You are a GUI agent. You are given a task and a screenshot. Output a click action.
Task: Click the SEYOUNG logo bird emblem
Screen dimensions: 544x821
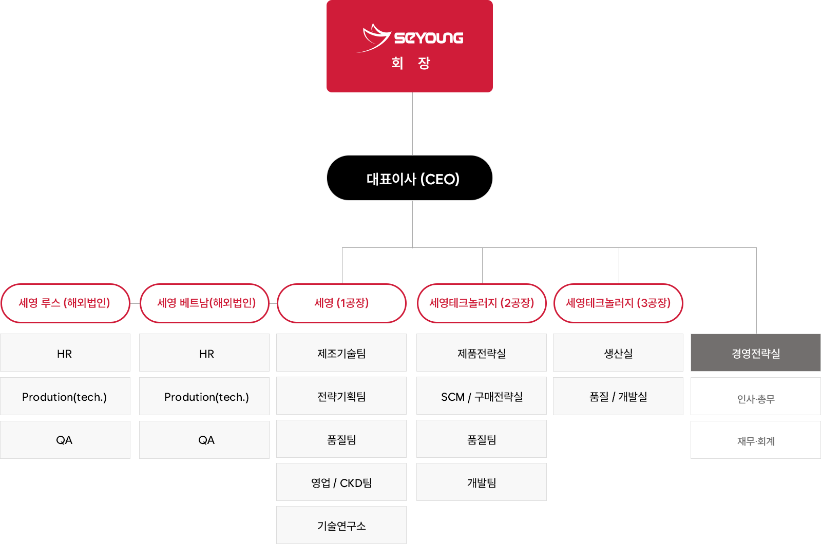coord(375,37)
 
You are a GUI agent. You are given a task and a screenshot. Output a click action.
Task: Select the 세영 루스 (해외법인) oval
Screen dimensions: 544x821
coord(65,303)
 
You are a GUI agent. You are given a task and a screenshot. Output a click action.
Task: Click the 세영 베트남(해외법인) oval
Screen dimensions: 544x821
coord(205,303)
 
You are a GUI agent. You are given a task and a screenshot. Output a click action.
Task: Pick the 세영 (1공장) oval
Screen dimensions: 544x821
coord(341,303)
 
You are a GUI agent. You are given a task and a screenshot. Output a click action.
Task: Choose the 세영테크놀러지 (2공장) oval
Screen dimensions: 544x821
coord(482,303)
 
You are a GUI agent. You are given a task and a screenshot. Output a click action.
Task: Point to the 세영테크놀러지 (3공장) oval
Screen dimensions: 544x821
coord(618,303)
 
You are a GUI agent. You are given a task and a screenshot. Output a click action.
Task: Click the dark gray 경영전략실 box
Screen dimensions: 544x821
coord(755,353)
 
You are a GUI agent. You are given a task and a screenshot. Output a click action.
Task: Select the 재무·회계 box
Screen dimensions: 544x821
coord(755,440)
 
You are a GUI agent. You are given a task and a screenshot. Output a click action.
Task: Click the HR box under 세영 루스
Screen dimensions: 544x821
coord(65,353)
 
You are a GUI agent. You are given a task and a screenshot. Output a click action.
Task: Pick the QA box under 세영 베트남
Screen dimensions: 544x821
coord(205,440)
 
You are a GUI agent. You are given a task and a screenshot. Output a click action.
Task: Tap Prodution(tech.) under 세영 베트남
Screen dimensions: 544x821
coord(205,397)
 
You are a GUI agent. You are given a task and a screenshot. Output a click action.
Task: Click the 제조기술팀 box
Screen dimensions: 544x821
coord(341,353)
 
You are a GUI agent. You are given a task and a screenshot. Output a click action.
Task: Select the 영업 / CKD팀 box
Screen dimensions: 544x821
coord(341,482)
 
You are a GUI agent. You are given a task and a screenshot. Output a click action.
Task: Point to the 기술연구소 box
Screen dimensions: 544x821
coord(341,525)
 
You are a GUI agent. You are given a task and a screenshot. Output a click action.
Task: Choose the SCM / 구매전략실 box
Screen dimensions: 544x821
coord(482,396)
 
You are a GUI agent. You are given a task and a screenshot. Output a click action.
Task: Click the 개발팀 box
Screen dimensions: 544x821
coord(482,482)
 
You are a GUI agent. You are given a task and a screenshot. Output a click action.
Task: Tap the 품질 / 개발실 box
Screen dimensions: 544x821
coord(618,396)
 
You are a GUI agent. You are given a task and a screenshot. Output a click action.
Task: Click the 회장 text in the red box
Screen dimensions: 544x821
coord(410,63)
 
